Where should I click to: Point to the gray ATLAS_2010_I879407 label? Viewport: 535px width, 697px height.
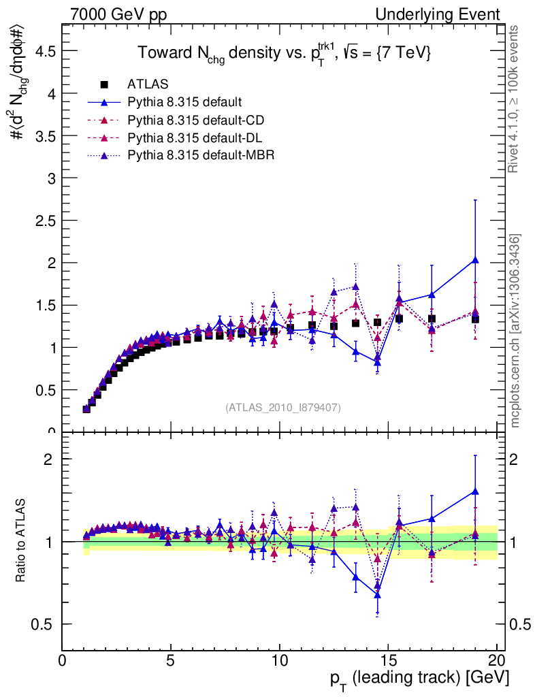pyautogui.click(x=283, y=407)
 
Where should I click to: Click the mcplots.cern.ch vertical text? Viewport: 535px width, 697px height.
pyautogui.click(x=516, y=331)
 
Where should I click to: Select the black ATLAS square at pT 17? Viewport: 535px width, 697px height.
pyautogui.click(x=432, y=319)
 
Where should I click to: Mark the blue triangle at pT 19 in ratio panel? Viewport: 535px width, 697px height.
pyautogui.click(x=475, y=491)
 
